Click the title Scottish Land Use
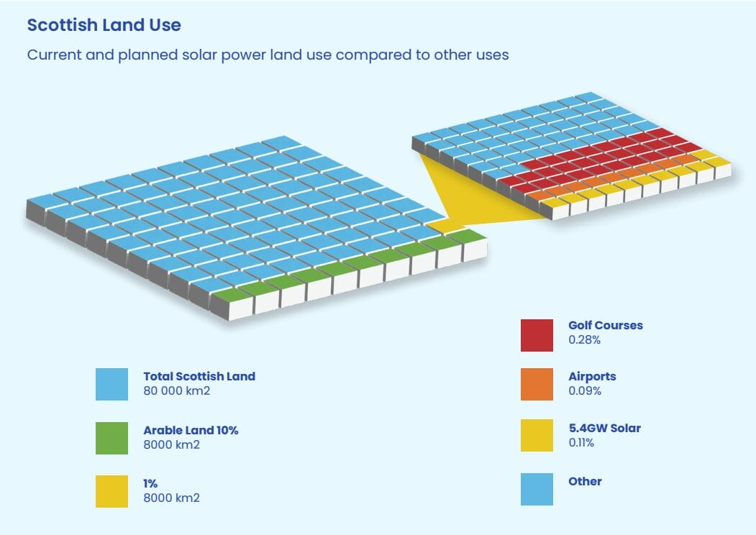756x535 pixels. coord(104,25)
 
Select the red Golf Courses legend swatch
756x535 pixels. coord(537,335)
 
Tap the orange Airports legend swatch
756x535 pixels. coord(537,384)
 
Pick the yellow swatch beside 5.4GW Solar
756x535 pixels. coord(537,435)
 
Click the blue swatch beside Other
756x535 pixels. coord(537,489)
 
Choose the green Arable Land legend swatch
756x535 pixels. coord(111,438)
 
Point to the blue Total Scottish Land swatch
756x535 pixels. coord(111,384)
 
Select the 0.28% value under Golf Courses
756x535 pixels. coord(585,339)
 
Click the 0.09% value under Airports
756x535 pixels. coord(585,391)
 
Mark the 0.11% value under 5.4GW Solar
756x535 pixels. coord(581,443)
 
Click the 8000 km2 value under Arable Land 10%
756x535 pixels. coord(171,444)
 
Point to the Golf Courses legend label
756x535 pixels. coord(605,325)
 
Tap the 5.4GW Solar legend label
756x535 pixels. coord(604,428)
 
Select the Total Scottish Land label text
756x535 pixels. coord(199,376)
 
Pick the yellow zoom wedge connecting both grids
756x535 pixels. coord(460,198)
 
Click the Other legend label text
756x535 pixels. coord(585,481)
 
